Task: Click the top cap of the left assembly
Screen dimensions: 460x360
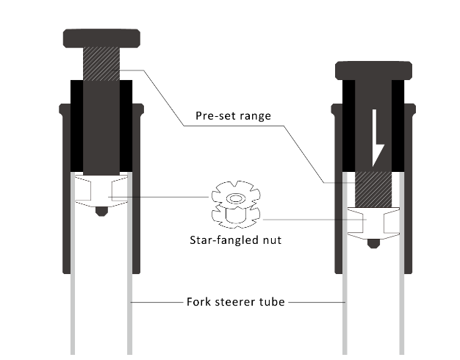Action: (101, 38)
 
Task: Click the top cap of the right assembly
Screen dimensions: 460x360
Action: (373, 71)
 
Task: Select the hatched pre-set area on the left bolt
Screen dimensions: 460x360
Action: (101, 64)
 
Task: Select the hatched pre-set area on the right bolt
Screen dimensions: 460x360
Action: (373, 190)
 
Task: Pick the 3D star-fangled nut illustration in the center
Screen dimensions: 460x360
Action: (236, 204)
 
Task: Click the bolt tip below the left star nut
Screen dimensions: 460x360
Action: (101, 212)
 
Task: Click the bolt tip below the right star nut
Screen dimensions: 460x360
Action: (373, 243)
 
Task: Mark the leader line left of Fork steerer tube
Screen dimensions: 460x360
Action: (157, 302)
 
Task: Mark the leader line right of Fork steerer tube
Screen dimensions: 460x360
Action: (317, 302)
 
